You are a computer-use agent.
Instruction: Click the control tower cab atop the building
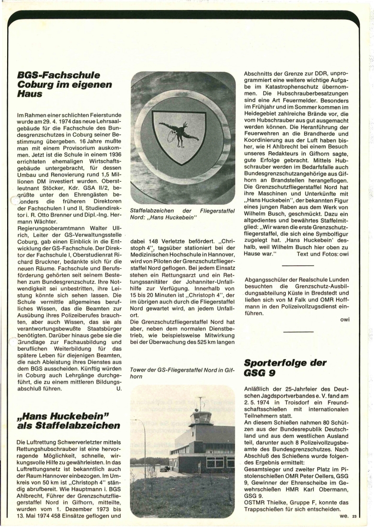(200, 419)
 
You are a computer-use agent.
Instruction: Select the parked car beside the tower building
(164, 469)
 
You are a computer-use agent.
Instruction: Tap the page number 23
(354, 516)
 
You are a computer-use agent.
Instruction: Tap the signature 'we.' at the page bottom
(343, 516)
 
